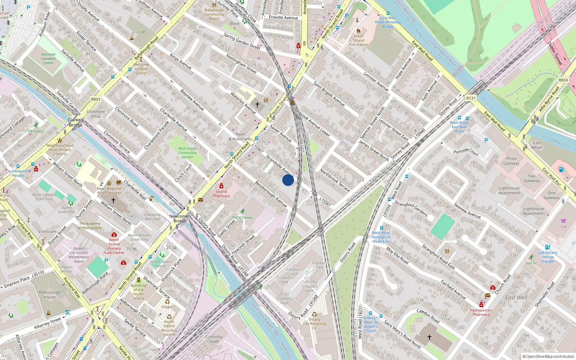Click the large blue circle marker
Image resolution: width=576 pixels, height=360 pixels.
pos(288,180)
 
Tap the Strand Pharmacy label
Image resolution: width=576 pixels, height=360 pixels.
pos(221,194)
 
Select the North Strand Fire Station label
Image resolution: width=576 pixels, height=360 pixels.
pos(359,40)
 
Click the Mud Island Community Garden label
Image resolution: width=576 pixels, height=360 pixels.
pos(187,153)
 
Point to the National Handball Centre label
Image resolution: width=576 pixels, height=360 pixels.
pos(48,59)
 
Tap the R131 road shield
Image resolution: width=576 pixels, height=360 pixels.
pos(471,98)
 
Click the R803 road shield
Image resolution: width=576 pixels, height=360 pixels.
pos(96,99)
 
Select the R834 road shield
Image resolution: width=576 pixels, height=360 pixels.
pos(563,80)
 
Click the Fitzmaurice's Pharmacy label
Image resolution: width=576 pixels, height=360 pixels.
pos(481,312)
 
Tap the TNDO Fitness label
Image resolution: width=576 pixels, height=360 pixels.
pos(242,217)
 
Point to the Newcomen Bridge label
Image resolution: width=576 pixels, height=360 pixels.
pos(180,219)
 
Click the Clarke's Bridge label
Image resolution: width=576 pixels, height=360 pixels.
pos(76,122)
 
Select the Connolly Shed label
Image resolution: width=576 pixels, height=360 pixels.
pos(214,339)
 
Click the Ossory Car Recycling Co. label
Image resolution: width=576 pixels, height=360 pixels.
pos(314,323)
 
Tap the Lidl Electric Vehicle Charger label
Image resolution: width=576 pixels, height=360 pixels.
pos(548,257)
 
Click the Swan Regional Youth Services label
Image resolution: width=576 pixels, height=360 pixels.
pos(109,190)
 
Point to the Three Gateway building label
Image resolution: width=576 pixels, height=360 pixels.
pos(511,161)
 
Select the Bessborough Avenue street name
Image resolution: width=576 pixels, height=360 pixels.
pos(271,194)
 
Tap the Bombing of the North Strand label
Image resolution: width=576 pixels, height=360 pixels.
pos(138,292)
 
